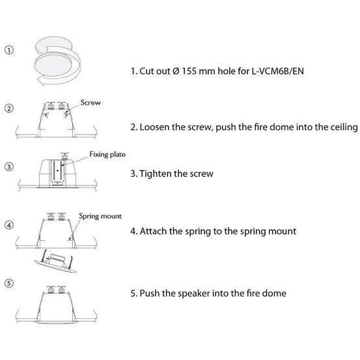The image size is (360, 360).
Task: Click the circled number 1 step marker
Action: pos(9,50)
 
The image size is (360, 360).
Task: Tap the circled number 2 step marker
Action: pos(9,108)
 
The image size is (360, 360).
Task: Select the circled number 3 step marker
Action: pos(9,167)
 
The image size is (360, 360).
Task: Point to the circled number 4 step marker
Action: pos(9,225)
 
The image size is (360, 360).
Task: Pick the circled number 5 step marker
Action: pos(9,283)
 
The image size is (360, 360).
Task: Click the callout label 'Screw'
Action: pos(90,102)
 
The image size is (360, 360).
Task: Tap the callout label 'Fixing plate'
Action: pos(107,154)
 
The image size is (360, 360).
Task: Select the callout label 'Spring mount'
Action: pos(100,216)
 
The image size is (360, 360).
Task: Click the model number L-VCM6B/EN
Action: pos(277,71)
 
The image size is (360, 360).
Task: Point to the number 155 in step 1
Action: pos(189,71)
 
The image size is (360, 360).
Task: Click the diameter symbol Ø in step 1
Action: pos(176,71)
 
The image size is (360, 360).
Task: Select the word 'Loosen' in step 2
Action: pos(154,127)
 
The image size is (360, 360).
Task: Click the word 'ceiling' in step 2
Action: pos(344,128)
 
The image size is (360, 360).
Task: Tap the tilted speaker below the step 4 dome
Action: pos(55,262)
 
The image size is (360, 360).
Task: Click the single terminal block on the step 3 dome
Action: pos(64,156)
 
